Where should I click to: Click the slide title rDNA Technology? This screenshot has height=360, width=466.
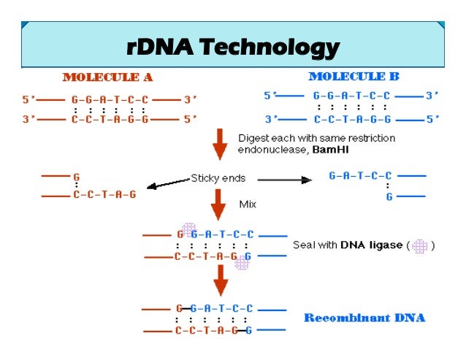232,47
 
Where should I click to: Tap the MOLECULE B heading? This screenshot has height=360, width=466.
354,76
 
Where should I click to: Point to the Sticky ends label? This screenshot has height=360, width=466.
218,177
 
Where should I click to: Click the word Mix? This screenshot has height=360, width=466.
248,204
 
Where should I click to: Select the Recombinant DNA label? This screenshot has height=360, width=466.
364,318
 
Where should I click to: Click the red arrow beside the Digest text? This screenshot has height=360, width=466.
218,145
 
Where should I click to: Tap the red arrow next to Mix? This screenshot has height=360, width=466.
218,204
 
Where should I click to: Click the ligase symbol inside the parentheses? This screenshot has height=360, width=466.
419,246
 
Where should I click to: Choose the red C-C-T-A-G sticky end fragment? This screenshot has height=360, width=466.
104,196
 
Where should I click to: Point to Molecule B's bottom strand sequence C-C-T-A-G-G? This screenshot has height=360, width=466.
352,119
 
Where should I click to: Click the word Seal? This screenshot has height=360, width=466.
304,245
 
